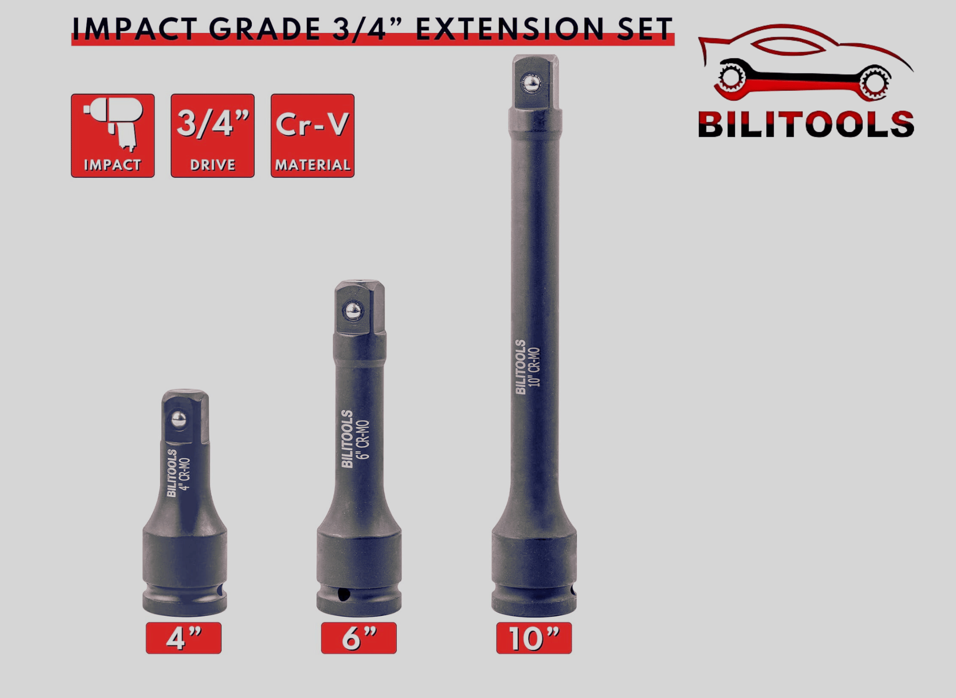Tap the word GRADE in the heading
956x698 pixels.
[x=264, y=29]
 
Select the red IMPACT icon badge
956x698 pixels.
[x=113, y=136]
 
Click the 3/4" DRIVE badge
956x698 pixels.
[x=213, y=136]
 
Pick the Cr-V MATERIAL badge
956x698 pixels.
[x=313, y=136]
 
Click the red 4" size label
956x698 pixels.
[x=184, y=638]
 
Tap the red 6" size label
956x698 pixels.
[x=359, y=638]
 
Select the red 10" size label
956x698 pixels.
[x=534, y=638]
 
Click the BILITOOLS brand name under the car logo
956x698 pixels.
[x=806, y=125]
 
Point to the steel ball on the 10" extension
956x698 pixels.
[x=531, y=84]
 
